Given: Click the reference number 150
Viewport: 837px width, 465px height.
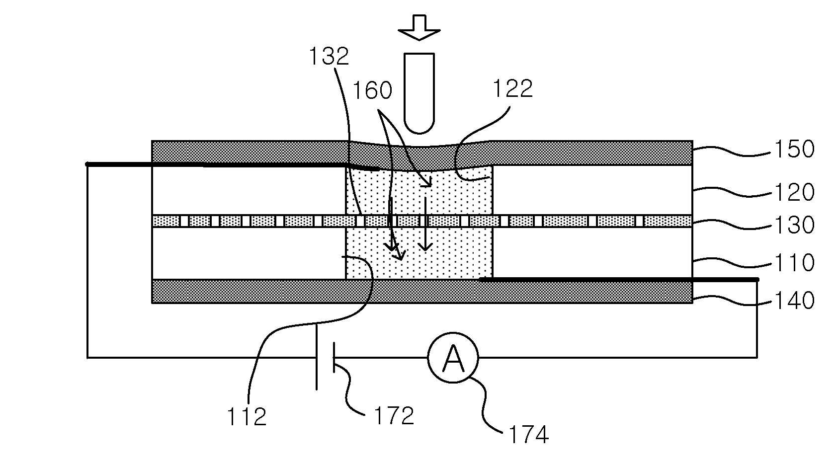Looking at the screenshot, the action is point(794,149).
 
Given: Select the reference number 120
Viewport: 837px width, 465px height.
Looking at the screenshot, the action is point(794,192).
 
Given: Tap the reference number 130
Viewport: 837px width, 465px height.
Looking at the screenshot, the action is point(794,225).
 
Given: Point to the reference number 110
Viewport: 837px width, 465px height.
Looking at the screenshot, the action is point(794,262).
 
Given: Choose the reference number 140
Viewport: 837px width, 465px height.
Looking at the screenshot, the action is point(794,301).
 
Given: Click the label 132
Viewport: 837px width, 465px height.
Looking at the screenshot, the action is point(329,57).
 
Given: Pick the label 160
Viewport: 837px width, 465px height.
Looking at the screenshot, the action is point(372,90).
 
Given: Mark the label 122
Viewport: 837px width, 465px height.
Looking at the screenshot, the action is point(512,89).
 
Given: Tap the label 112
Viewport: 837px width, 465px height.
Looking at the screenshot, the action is point(247,417).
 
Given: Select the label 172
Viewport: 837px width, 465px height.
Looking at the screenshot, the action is point(394,416).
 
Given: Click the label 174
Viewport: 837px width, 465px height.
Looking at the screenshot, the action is point(529,435).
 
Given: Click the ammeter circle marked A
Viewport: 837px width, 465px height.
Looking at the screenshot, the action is point(453,358).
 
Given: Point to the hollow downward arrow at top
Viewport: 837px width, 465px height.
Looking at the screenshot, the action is point(419,27).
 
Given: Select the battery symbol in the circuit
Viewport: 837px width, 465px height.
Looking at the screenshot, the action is point(325,357).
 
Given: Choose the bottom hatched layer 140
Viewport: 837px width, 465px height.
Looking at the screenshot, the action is point(422,291).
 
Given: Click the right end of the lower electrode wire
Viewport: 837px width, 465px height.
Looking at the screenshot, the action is point(757,279).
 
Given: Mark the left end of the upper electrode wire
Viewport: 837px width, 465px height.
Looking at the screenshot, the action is point(87,164).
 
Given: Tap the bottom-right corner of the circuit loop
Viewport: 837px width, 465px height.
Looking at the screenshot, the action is point(757,358).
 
